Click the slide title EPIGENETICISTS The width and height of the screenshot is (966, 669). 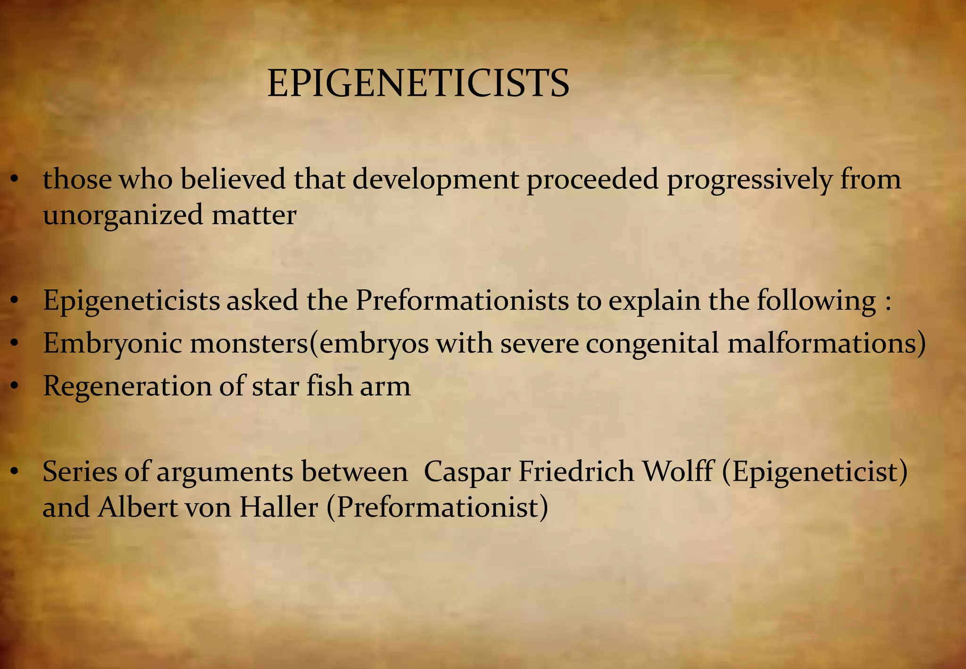pyautogui.click(x=418, y=84)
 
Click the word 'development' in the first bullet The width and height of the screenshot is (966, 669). pyautogui.click(x=435, y=180)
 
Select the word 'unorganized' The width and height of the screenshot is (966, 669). pyautogui.click(x=123, y=216)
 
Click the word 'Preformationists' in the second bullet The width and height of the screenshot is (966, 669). pyautogui.click(x=462, y=301)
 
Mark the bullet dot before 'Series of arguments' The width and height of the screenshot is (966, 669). pyautogui.click(x=15, y=472)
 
